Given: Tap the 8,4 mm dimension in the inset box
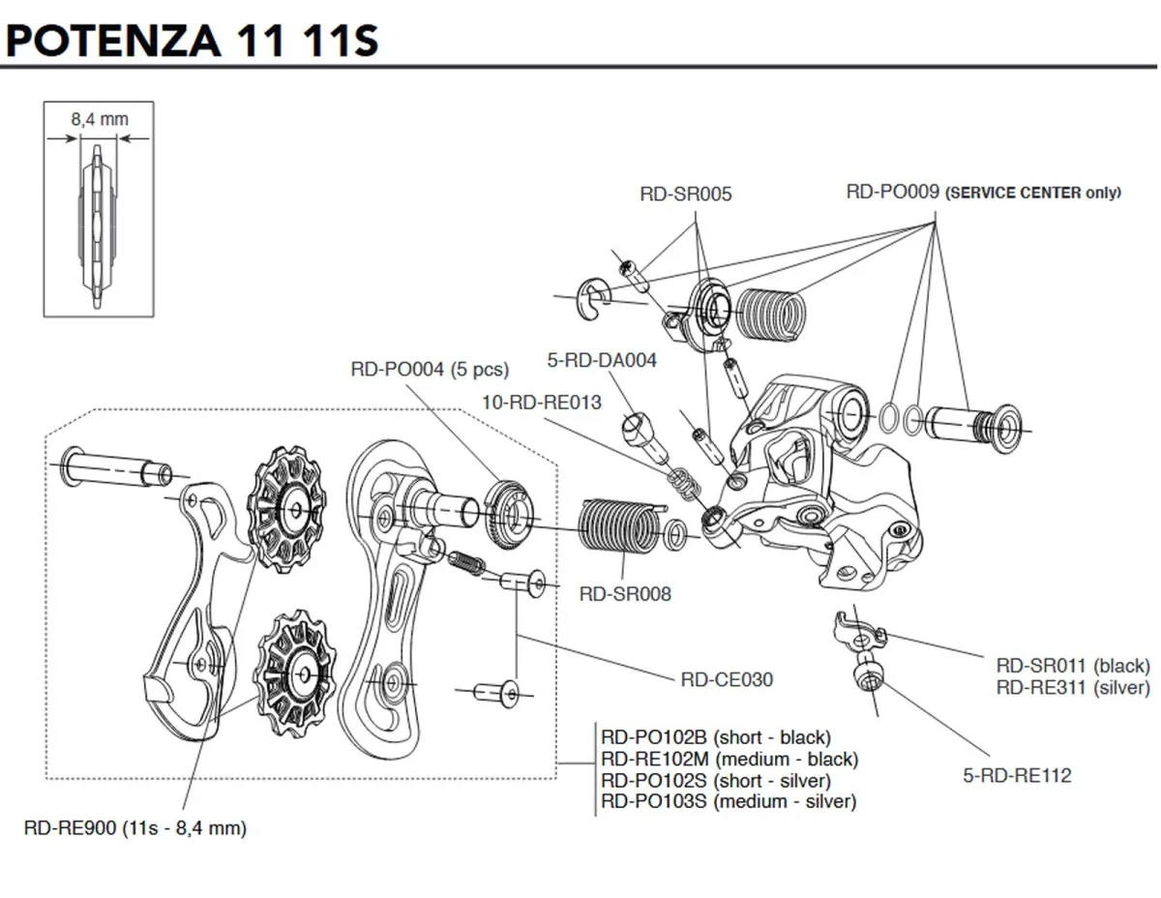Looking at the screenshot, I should point(99,121).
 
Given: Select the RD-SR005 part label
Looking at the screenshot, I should point(686,194).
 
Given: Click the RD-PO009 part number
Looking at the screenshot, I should point(892,192).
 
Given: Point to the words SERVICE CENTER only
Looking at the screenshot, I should point(1032,193).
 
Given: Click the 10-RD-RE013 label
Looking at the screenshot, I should point(542,402).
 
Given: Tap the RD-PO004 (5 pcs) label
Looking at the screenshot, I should point(429,369).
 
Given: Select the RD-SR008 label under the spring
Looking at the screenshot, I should point(624,593).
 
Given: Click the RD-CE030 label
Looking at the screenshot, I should point(727,679).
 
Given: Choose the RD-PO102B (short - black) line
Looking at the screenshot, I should point(715,737).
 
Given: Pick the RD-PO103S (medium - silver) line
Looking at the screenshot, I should point(728,801).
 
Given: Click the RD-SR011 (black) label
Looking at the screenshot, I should point(1073,666).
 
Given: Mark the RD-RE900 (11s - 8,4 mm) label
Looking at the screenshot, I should point(135,828).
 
